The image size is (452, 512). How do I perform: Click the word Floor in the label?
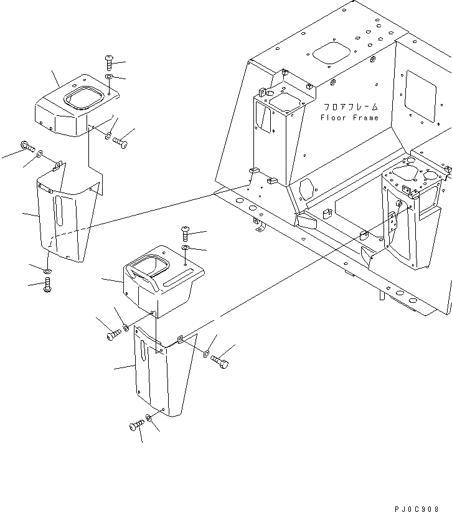pyautogui.click(x=332, y=118)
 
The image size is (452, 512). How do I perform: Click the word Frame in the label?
pyautogui.click(x=365, y=118)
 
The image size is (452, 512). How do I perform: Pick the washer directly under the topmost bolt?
pyautogui.click(x=110, y=77)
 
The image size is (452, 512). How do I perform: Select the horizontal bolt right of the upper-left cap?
pyautogui.click(x=120, y=143)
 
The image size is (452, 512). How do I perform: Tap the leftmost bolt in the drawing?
pyautogui.click(x=27, y=146)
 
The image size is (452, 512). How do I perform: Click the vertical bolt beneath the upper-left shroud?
pyautogui.click(x=48, y=286)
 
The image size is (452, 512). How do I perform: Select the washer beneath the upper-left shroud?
pyautogui.click(x=48, y=272)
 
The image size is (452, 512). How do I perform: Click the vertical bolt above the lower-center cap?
pyautogui.click(x=186, y=234)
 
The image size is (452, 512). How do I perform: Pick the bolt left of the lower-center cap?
pyautogui.click(x=113, y=334)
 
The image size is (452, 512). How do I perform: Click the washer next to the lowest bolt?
pyautogui.click(x=149, y=419)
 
